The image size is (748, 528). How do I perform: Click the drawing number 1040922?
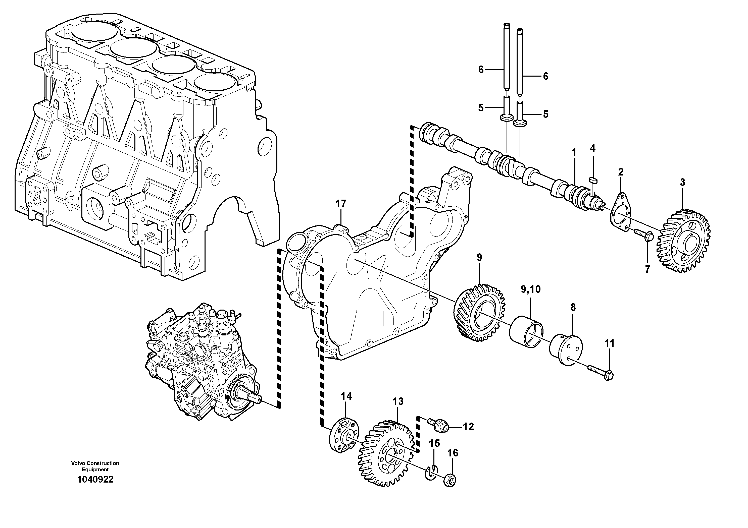point(95,479)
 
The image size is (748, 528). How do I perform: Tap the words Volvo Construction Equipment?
point(95,466)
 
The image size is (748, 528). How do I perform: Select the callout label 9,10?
point(530,289)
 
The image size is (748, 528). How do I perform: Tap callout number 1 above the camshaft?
point(574,152)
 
